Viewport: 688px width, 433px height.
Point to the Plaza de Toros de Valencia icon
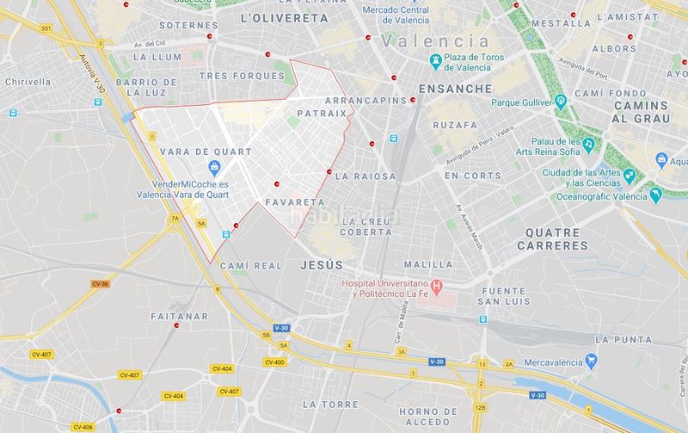point(436,61)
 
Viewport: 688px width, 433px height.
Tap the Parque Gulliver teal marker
point(561,102)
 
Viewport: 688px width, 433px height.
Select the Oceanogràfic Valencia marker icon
point(657,194)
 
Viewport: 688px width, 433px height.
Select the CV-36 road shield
point(100,283)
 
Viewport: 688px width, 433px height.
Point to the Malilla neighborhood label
point(427,264)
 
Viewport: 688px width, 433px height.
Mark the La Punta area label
point(624,338)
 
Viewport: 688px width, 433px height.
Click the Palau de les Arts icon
point(589,145)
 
